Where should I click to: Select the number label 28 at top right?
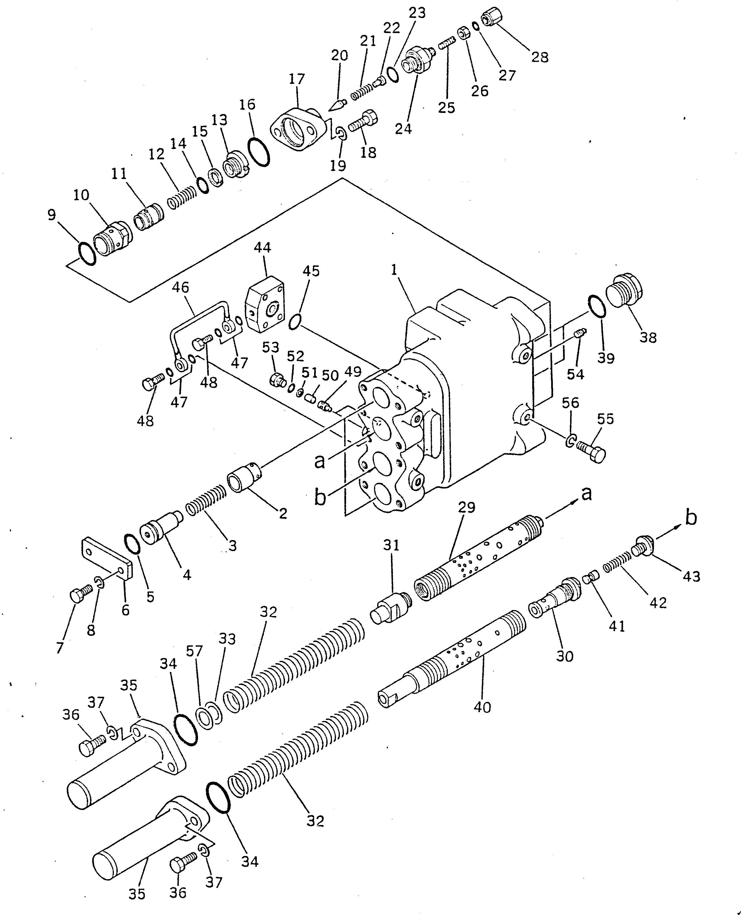pyautogui.click(x=540, y=57)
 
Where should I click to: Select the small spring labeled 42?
pyautogui.click(x=617, y=561)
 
